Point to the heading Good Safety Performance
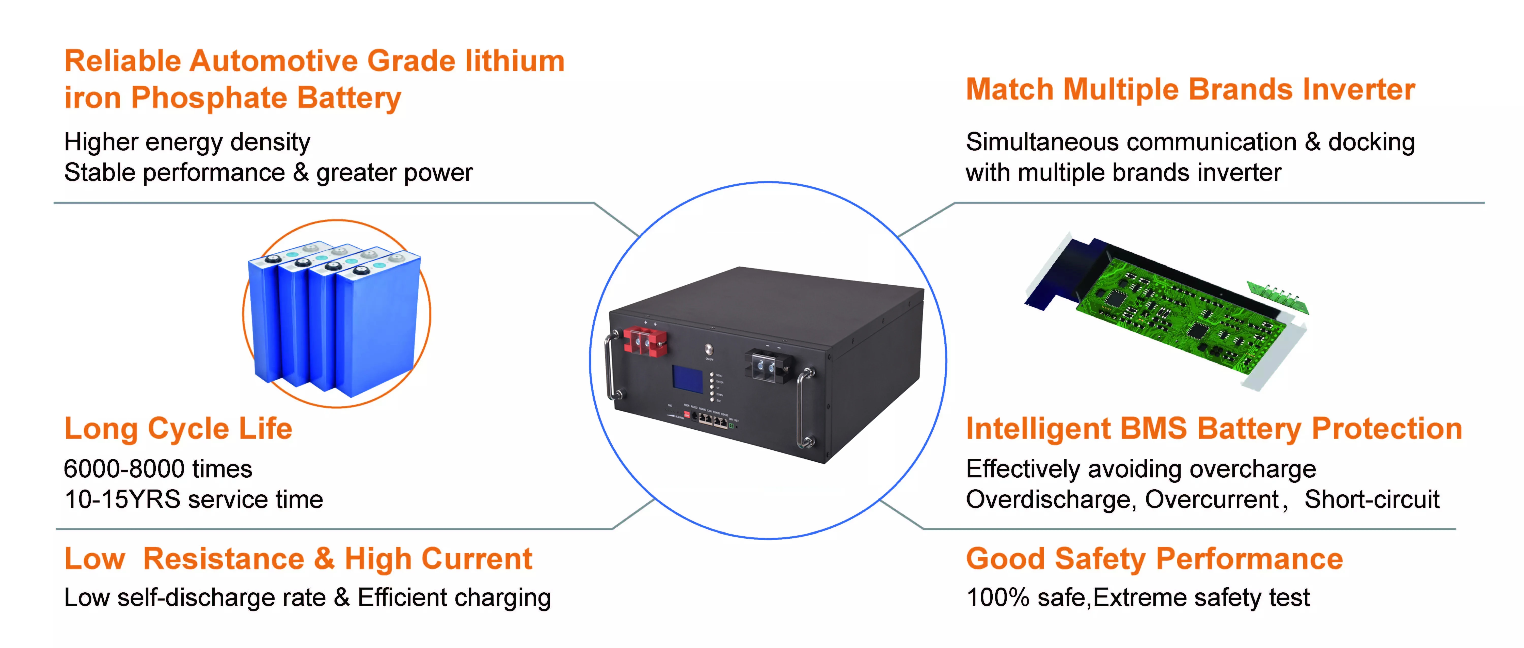[1154, 559]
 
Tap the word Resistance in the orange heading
[224, 559]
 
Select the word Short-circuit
[1371, 500]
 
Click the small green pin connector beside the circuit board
[1278, 296]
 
